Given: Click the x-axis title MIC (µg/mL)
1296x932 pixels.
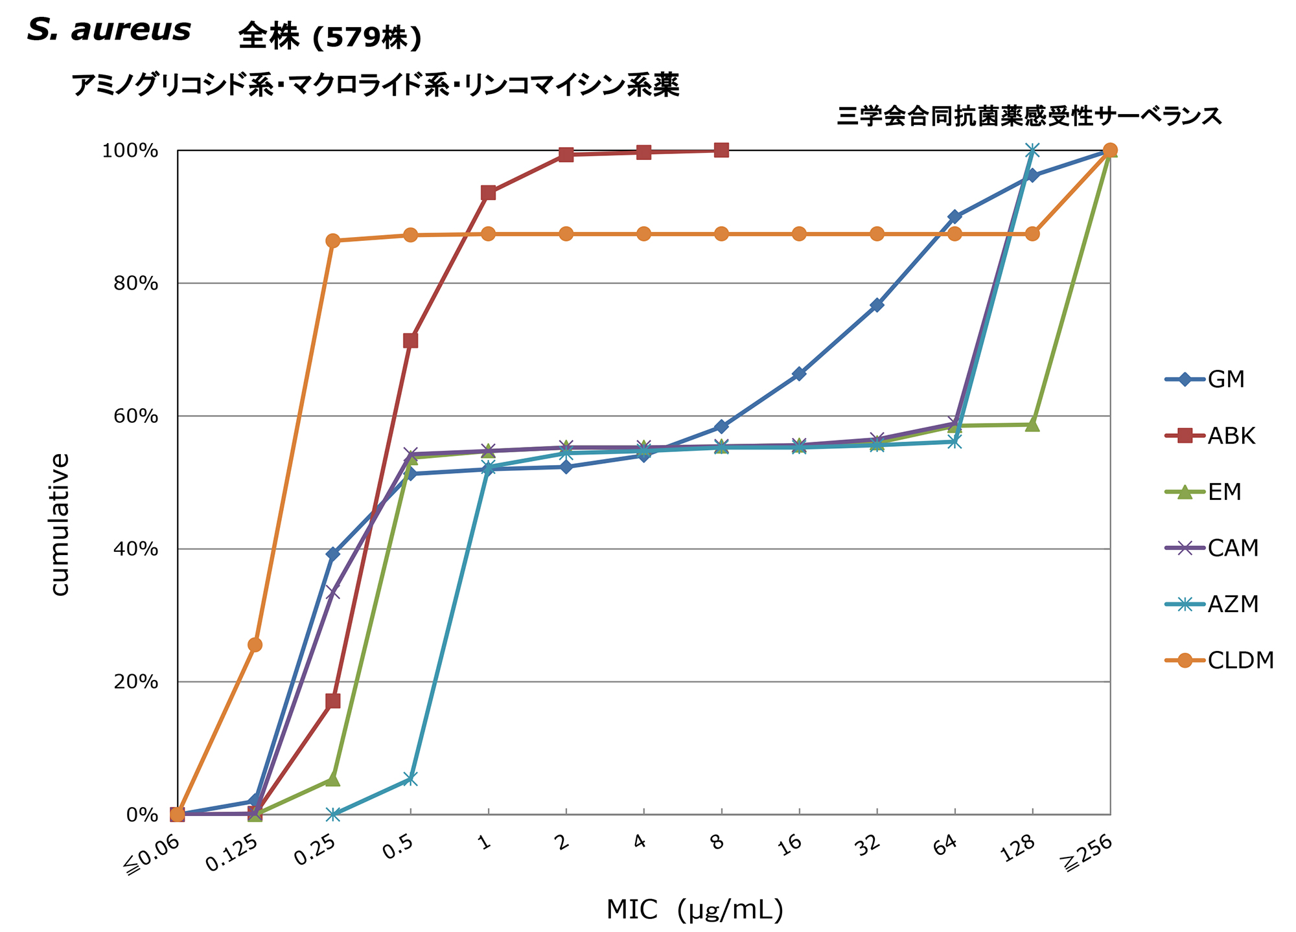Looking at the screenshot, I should (x=695, y=910).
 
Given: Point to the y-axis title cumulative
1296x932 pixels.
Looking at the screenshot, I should (x=60, y=524).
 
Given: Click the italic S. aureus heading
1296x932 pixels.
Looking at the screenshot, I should (x=109, y=30).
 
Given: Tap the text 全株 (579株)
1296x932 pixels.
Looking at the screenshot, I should (x=330, y=37).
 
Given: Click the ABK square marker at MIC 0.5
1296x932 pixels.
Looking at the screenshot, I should (x=410, y=341).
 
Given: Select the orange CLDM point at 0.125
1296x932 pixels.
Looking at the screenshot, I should (x=255, y=644).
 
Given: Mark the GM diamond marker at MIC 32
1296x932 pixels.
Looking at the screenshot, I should (x=877, y=305).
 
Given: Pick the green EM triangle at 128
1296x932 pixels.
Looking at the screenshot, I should (x=1032, y=425).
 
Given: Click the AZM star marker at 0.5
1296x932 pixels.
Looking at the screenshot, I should (x=410, y=779).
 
